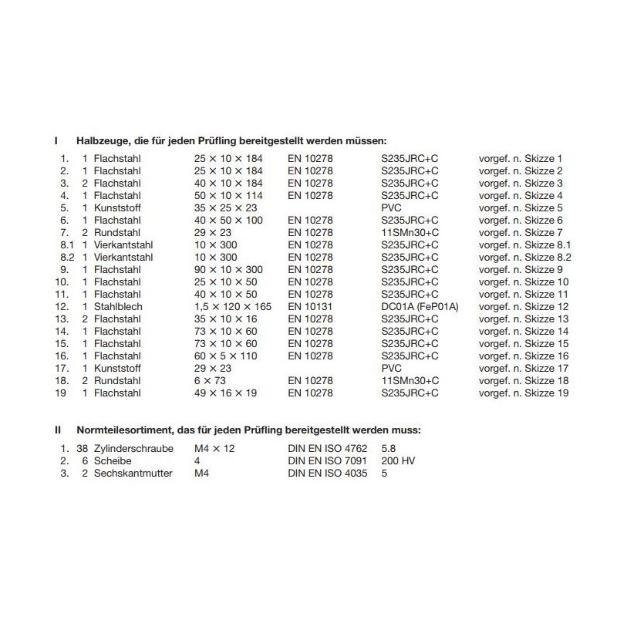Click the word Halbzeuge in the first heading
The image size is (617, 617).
point(101,141)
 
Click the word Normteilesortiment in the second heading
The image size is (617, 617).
point(124,430)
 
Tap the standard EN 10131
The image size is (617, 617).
point(311,306)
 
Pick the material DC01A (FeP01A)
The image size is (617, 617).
point(420,306)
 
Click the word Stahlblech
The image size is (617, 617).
point(117,306)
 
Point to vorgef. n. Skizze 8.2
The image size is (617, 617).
point(524,257)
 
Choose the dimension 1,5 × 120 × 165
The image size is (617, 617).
point(232,306)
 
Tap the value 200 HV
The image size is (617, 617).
point(399,460)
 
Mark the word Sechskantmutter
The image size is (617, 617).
point(133,473)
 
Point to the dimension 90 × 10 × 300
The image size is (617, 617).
point(228,269)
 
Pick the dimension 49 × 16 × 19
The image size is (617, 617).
point(225,393)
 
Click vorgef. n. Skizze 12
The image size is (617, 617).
point(524,306)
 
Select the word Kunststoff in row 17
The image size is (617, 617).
point(117,368)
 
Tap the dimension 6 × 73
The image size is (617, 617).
point(209,380)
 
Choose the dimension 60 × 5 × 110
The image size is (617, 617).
point(227,356)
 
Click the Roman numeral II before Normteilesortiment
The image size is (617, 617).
point(57,430)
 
